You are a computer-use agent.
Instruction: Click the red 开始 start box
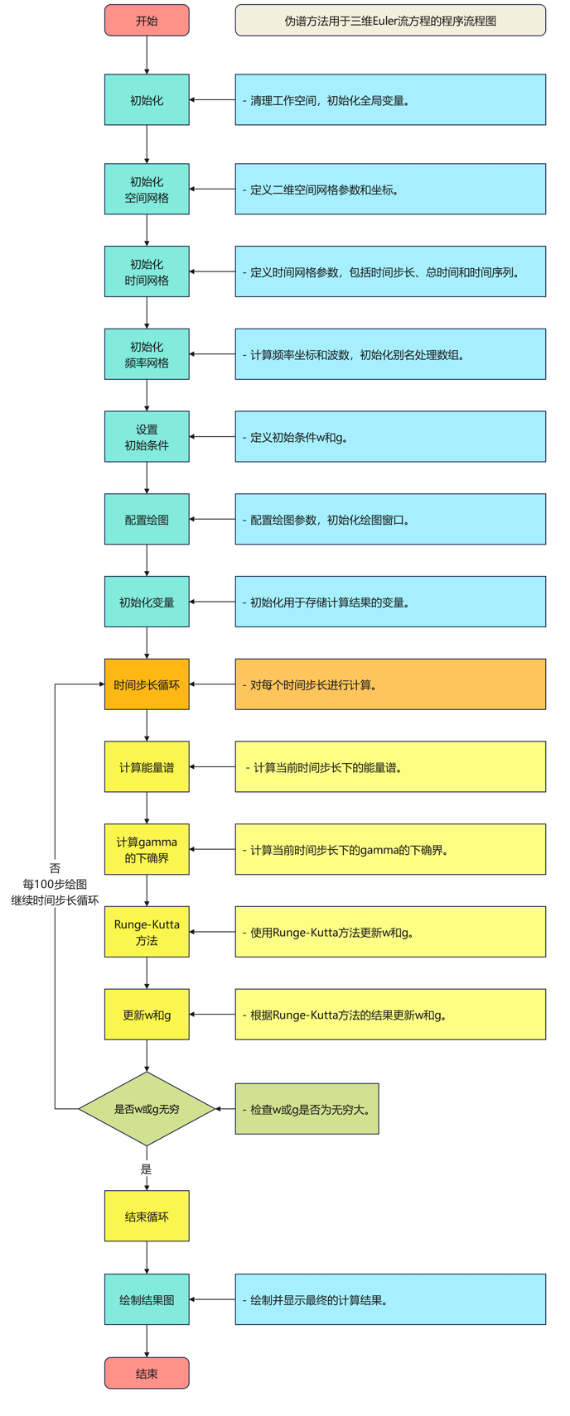pyautogui.click(x=147, y=21)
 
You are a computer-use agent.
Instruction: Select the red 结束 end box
pyautogui.click(x=147, y=1373)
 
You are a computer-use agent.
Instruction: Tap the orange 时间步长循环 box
pyautogui.click(x=147, y=684)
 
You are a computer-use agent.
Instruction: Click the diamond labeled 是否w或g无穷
pyautogui.click(x=147, y=1109)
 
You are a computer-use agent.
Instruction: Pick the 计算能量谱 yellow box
pyautogui.click(x=147, y=767)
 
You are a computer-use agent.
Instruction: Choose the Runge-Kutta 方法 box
pyautogui.click(x=147, y=932)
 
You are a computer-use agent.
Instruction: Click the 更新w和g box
pyautogui.click(x=147, y=1015)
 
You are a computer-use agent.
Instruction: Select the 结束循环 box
pyautogui.click(x=147, y=1216)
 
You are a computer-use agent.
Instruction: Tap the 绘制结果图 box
pyautogui.click(x=147, y=1299)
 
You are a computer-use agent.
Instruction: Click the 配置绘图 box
pyautogui.click(x=147, y=520)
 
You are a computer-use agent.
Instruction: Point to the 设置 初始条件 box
pyautogui.click(x=147, y=437)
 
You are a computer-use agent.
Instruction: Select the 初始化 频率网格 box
pyautogui.click(x=147, y=354)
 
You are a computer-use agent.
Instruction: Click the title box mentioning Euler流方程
pyautogui.click(x=390, y=21)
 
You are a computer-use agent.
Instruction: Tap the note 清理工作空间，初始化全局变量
pyautogui.click(x=390, y=100)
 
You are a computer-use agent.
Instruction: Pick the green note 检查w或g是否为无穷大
pyautogui.click(x=307, y=1109)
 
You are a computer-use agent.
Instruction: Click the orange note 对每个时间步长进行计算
pyautogui.click(x=390, y=684)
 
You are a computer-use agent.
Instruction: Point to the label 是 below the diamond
pyautogui.click(x=147, y=1169)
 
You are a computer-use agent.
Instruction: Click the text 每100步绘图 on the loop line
pyautogui.click(x=55, y=884)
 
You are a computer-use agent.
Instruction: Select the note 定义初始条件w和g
pyautogui.click(x=390, y=437)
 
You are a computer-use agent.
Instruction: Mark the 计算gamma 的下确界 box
pyautogui.click(x=147, y=850)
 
